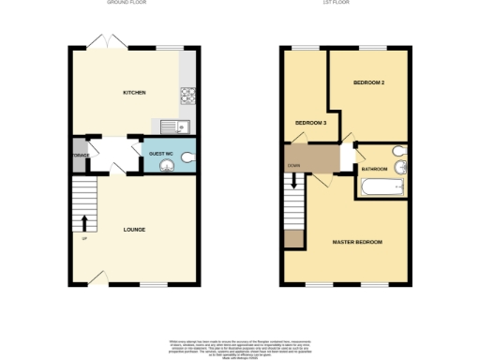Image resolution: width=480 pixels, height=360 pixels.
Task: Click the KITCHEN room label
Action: [x=134, y=93]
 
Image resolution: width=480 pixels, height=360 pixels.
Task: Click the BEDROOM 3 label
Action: [x=310, y=123]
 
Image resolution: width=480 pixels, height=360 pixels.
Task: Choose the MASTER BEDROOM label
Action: [x=357, y=242]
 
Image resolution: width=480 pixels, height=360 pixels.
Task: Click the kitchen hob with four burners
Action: [x=187, y=95]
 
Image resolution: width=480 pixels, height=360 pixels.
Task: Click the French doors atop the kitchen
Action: [x=100, y=43]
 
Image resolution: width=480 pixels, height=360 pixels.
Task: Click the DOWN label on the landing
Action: [x=293, y=169]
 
